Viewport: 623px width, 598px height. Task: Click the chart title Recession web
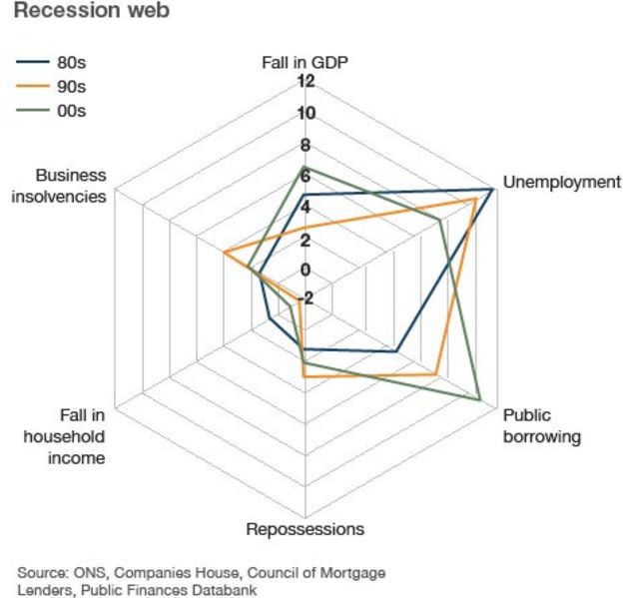point(91,12)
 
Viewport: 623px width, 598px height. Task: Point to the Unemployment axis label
point(562,182)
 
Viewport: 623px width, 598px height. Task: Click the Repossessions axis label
point(305,529)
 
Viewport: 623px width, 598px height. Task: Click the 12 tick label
point(305,81)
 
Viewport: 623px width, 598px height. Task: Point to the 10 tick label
point(305,113)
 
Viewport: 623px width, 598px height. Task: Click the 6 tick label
point(305,176)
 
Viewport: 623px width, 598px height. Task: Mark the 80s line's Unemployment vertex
point(492,189)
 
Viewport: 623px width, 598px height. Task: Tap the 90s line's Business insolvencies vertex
point(225,253)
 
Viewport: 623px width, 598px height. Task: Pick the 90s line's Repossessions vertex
point(305,377)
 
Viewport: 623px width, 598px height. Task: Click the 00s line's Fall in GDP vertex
point(305,167)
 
